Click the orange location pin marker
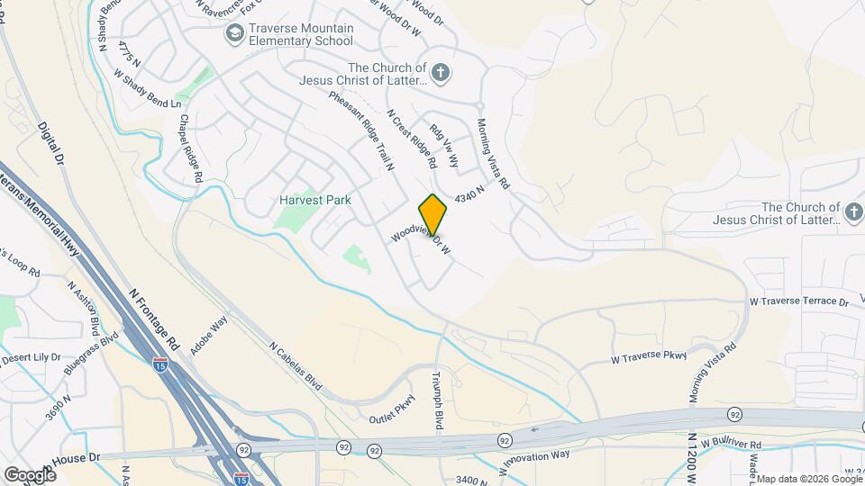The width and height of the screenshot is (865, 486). click(432, 214)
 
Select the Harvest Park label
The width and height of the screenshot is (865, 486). click(314, 200)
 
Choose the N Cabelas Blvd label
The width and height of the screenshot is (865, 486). click(296, 364)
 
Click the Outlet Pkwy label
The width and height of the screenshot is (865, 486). click(393, 409)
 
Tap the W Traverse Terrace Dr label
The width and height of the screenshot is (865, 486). click(799, 303)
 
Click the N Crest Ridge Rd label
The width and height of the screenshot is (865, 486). click(411, 139)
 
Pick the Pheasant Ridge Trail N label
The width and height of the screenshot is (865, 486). click(362, 131)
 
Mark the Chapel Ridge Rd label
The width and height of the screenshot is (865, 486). click(189, 148)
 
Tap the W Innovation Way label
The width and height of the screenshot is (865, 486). click(534, 458)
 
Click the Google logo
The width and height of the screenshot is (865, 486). click(30, 474)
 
